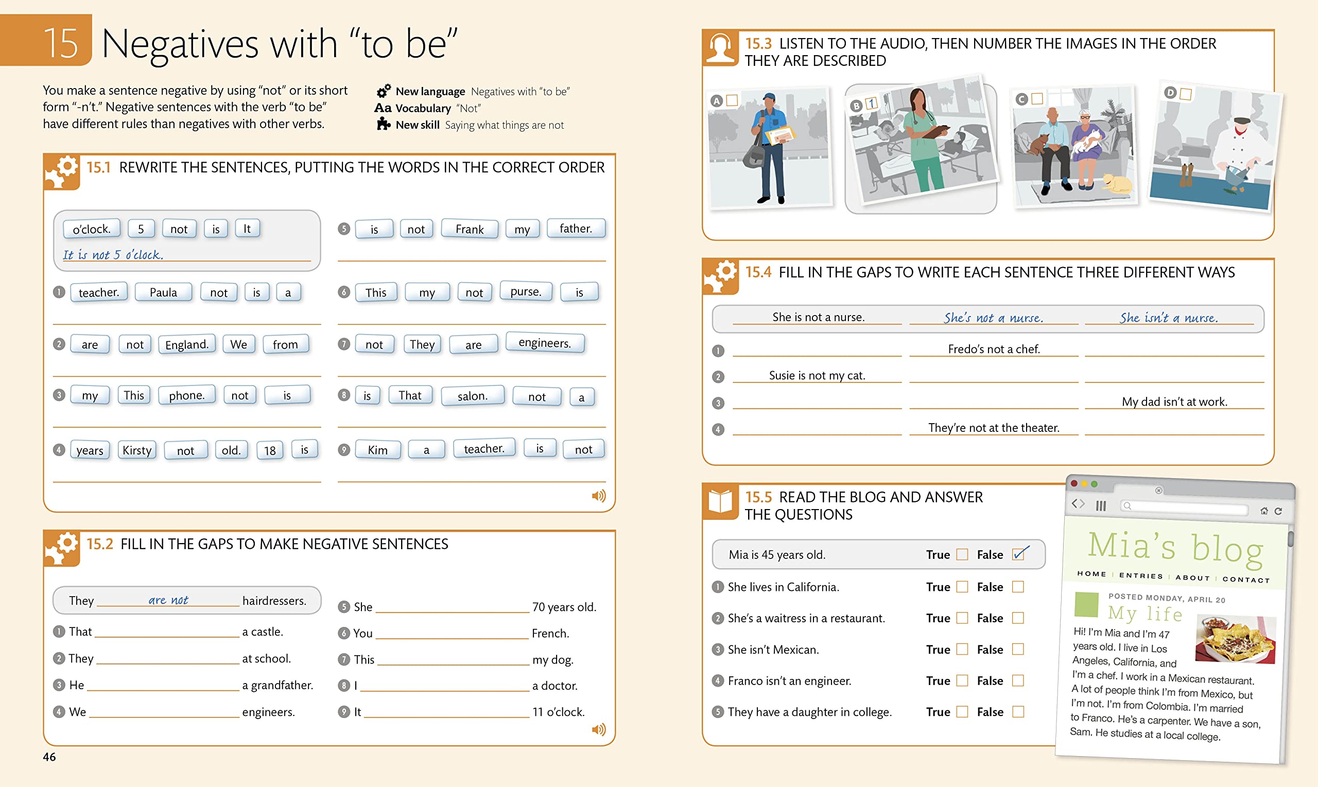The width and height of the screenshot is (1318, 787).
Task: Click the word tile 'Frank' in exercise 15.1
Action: (470, 229)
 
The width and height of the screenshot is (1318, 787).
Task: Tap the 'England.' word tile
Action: (187, 344)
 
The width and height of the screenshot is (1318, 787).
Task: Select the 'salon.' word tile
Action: (472, 396)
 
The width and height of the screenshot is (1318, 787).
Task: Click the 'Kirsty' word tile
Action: (137, 450)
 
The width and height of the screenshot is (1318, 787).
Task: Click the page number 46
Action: (49, 757)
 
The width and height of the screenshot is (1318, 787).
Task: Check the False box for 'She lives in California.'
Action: (1017, 587)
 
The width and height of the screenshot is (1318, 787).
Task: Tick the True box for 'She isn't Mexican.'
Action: (962, 649)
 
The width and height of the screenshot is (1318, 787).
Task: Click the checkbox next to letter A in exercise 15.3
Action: (732, 100)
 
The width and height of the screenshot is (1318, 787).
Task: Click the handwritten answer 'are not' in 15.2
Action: (168, 600)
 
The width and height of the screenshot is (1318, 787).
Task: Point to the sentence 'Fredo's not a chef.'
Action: (994, 349)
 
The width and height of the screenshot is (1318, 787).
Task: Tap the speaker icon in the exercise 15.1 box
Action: (598, 496)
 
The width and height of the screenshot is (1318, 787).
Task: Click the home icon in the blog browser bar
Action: (1264, 511)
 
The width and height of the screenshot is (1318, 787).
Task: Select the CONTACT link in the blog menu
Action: (1246, 579)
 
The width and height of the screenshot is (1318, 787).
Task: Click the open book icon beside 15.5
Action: (720, 501)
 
